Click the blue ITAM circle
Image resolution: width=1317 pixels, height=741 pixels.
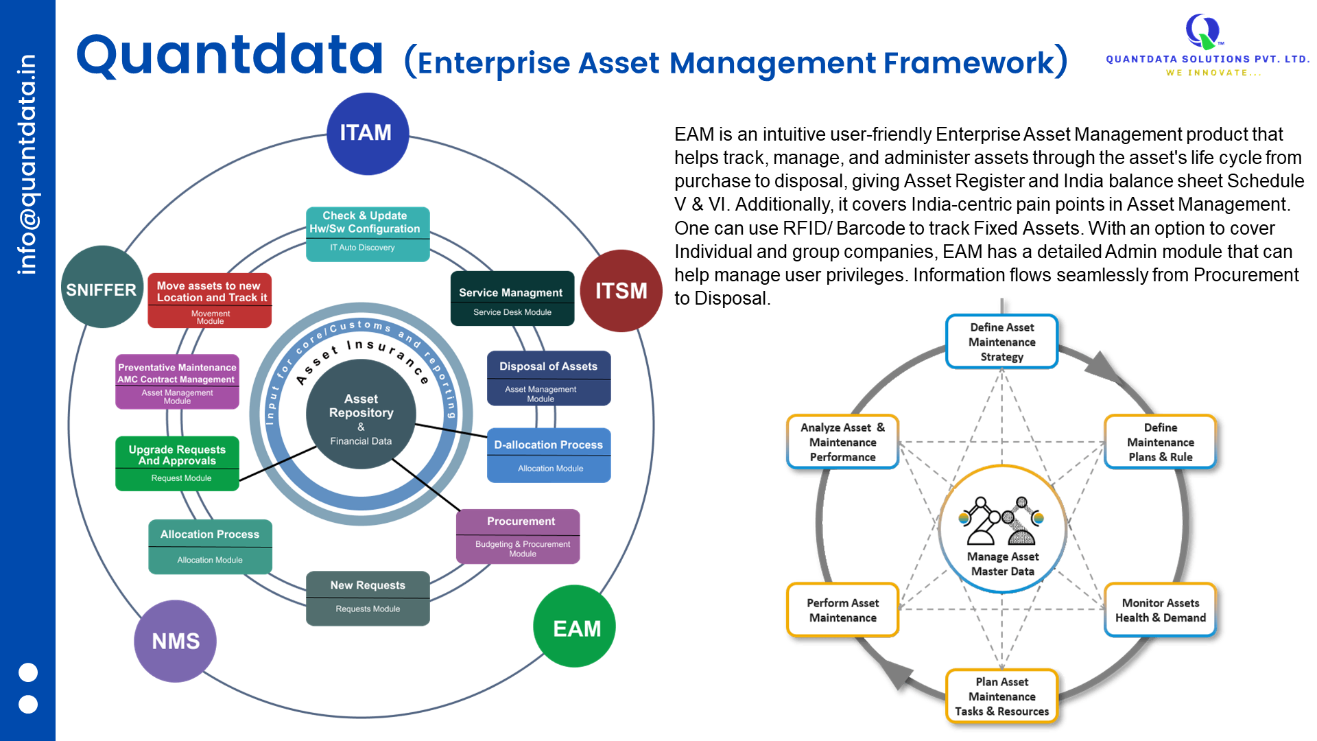[368, 134]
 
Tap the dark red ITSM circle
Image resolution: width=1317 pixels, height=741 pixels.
[621, 291]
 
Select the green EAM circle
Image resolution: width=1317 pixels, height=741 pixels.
[574, 626]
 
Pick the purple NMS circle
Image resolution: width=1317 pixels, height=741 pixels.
[175, 642]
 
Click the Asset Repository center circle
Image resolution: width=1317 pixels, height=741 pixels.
[361, 416]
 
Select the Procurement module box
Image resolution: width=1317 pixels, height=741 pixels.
[518, 537]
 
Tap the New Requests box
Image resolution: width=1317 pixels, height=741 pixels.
[368, 598]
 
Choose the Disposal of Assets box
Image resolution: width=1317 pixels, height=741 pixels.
[549, 379]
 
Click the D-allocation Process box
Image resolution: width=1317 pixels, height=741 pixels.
[549, 456]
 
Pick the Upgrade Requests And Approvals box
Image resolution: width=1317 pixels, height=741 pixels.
[177, 464]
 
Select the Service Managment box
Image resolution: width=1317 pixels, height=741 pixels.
[512, 299]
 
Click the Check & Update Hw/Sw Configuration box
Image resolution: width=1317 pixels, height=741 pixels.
[368, 234]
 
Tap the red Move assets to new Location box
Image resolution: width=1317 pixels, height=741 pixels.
[209, 301]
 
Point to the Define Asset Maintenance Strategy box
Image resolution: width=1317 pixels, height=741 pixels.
[1001, 342]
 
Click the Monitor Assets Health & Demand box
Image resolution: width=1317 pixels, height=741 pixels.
[1160, 610]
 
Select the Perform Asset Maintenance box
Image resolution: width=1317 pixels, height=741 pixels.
[842, 610]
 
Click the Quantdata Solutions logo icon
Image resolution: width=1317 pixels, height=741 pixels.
[1202, 30]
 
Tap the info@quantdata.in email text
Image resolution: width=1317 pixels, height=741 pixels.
[27, 165]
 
